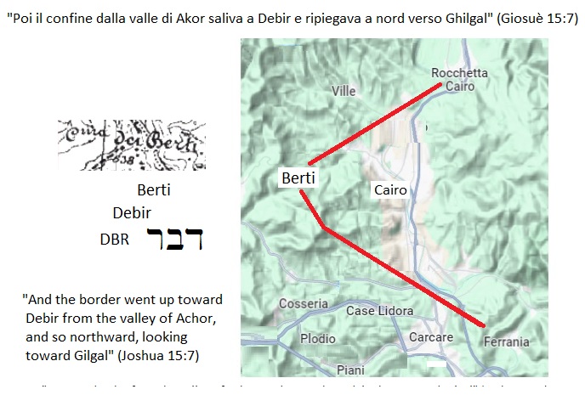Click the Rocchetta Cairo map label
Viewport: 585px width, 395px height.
[x=459, y=80]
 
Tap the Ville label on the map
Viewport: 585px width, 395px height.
[x=344, y=91]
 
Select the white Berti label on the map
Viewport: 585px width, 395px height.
[x=298, y=178]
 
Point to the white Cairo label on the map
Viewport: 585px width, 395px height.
[x=390, y=190]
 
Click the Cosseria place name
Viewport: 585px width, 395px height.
[x=303, y=303]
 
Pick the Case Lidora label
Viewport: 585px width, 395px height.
[x=378, y=311]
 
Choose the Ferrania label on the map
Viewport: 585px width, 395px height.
[x=506, y=342]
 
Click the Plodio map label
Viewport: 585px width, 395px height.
[x=318, y=338]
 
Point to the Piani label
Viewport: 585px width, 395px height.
[x=350, y=370]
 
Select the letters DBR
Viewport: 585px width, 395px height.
[x=115, y=240]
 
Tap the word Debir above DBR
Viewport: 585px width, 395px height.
[x=131, y=212]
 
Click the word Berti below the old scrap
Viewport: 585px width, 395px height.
[x=154, y=190]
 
